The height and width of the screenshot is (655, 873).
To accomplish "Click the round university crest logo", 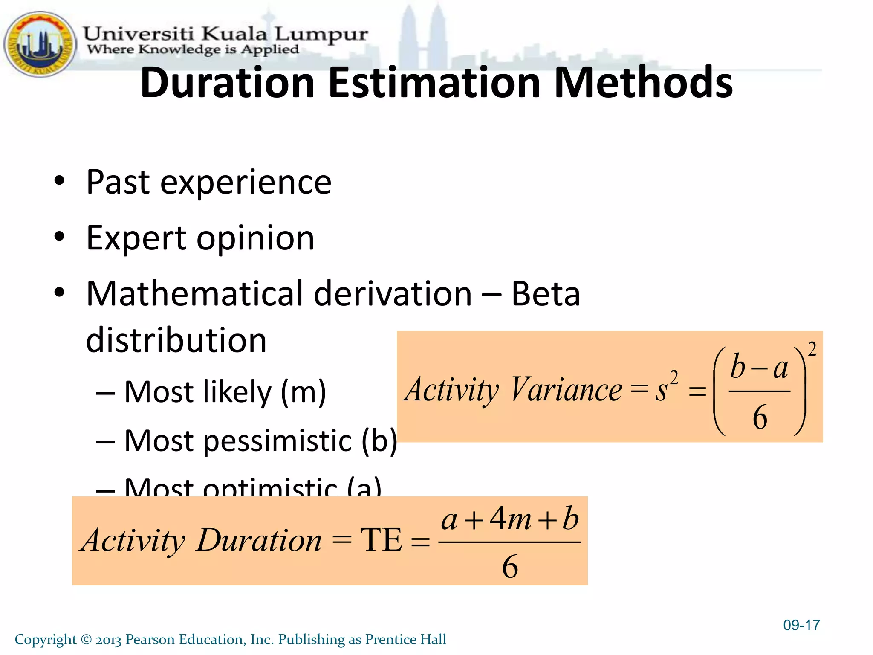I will point(40,44).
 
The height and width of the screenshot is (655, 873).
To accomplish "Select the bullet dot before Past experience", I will point(59,181).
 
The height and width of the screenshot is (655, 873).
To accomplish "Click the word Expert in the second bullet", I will point(136,238).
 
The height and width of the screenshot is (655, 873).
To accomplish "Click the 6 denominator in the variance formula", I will point(760,417).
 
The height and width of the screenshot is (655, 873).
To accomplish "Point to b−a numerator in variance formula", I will point(759,367).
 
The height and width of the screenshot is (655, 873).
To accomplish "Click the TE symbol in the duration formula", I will point(381,540).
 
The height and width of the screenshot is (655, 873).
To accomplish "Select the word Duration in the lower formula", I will point(258,540).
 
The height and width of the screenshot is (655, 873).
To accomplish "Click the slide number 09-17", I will point(801,625).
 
